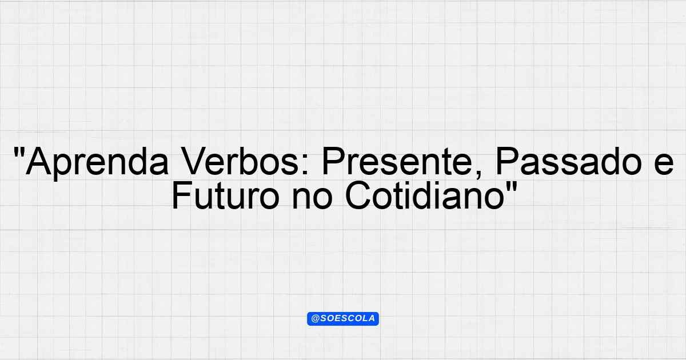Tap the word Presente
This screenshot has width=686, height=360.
397,161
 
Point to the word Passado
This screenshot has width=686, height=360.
568,161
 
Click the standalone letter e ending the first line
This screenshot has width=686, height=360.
664,165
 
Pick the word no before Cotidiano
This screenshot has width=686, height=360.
312,199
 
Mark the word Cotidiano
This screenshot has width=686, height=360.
425,195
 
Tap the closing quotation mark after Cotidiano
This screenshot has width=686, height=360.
512,186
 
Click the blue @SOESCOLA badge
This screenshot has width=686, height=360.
343,319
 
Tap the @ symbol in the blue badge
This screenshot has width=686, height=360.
315,319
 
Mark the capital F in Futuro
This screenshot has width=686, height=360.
182,195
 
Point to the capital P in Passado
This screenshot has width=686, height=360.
508,161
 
